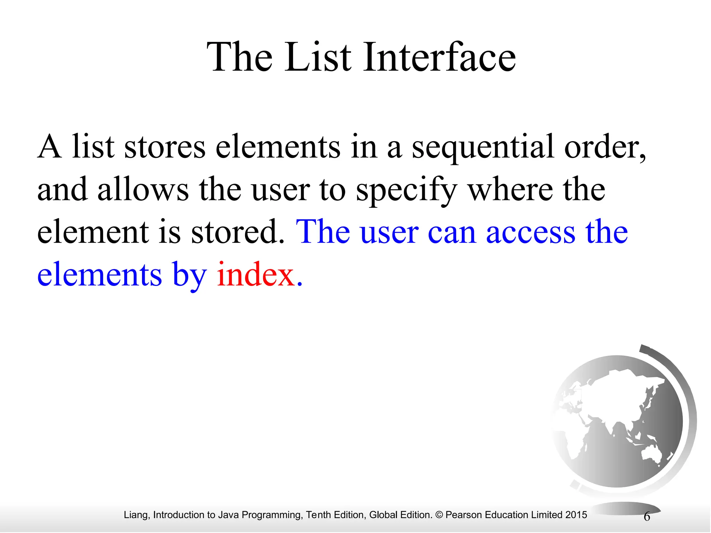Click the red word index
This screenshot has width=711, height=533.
pos(256,275)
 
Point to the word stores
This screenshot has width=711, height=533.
pos(165,147)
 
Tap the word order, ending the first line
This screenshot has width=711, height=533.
pos(604,147)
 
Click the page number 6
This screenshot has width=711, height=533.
pos(647,517)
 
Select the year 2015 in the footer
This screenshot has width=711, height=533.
pos(576,515)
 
